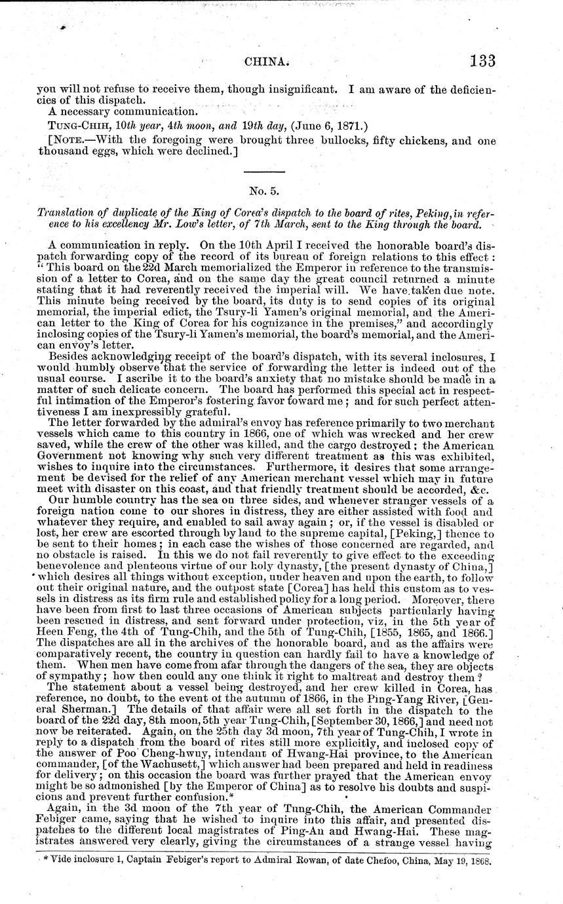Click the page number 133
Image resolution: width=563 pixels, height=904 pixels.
coord(482,61)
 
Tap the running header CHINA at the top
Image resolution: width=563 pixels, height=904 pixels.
coord(266,62)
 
